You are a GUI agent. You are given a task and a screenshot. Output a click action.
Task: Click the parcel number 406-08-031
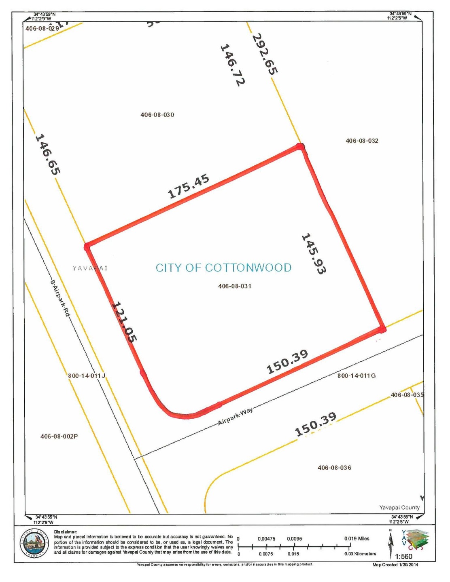[x=234, y=286]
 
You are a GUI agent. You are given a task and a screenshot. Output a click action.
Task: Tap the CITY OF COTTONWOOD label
[x=223, y=268]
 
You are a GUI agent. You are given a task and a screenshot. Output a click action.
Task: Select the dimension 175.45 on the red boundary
[x=189, y=186]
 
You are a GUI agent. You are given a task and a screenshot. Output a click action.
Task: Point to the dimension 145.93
[x=314, y=254]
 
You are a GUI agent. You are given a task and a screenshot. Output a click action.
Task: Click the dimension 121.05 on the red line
[x=124, y=322]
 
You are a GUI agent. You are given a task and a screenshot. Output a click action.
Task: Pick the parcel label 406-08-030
[x=157, y=115]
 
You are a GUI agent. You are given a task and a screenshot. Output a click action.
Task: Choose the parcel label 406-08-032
[x=362, y=141]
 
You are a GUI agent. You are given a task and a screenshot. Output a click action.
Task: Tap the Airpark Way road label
[x=235, y=417]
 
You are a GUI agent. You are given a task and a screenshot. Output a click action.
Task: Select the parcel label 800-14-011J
[x=87, y=375]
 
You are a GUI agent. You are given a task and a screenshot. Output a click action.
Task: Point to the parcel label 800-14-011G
[x=357, y=375]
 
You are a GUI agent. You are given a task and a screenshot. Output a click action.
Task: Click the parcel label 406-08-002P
[x=59, y=436]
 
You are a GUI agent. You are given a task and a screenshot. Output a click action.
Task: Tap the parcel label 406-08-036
[x=334, y=468]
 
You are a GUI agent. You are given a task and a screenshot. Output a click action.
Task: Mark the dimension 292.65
[x=265, y=54]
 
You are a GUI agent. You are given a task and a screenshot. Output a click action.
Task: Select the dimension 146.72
[x=232, y=65]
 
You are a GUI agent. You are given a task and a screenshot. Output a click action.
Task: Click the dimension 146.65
[x=48, y=154]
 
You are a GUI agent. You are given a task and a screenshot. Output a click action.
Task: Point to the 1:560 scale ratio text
[x=403, y=556]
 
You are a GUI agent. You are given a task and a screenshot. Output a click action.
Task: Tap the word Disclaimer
[x=66, y=532]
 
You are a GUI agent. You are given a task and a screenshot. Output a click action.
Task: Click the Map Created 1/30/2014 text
[x=395, y=565]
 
